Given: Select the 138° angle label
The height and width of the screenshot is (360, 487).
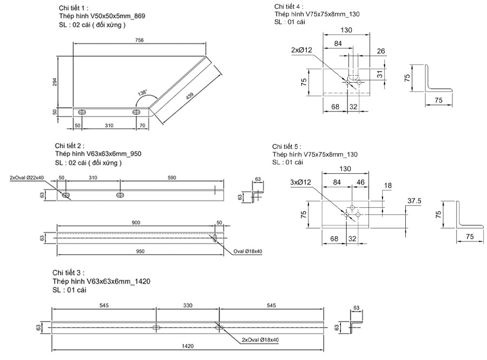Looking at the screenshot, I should pos(141,93).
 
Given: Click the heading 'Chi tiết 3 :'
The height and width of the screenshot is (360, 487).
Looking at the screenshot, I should pos(69,272).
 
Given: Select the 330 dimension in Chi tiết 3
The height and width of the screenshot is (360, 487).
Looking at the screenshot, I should pos(187,306).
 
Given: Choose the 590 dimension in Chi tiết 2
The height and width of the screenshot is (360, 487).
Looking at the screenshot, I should pos(172,178).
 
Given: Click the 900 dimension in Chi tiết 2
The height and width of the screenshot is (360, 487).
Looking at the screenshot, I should pos(136,222).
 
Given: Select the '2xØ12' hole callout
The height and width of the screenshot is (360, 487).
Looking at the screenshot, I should pos(301,50).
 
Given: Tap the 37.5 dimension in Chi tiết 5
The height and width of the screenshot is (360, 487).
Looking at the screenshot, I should pos(414,201).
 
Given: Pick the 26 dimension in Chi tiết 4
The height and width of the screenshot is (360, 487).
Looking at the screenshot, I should pos(381,51).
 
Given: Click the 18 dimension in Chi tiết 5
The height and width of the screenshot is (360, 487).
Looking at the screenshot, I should pos(387,186).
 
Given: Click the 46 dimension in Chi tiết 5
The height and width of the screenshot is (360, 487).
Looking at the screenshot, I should pos(360,182).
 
